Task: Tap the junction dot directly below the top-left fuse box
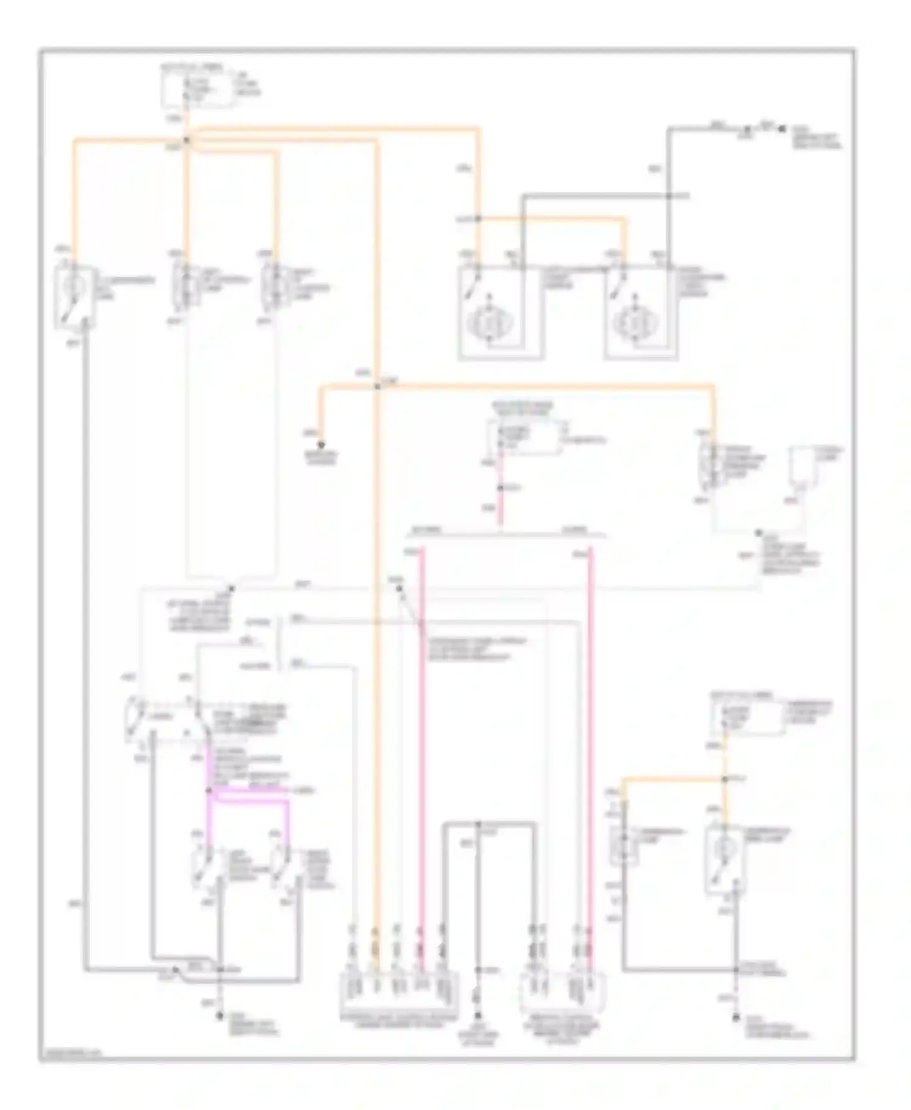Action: point(187,140)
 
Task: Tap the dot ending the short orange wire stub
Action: point(322,444)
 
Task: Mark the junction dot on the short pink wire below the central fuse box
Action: point(500,488)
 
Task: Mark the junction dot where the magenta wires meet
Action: point(208,791)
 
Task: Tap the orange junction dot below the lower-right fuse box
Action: point(725,778)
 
